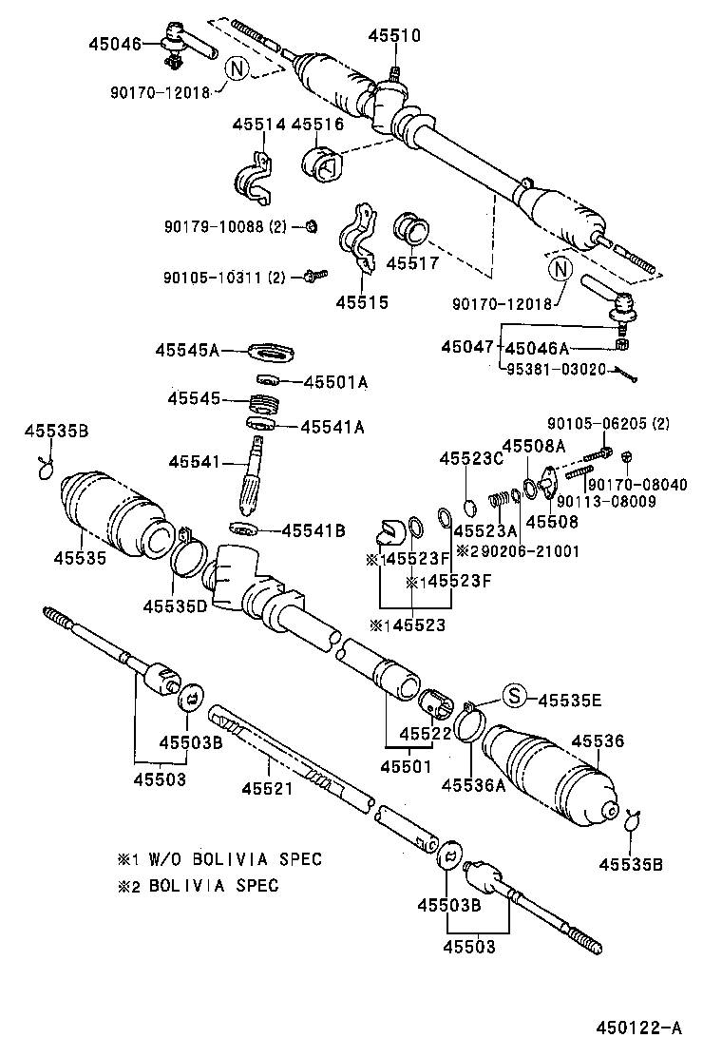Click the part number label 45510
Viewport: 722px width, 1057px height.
point(391,36)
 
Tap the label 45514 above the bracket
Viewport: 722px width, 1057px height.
point(256,125)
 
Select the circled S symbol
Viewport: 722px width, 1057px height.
point(514,697)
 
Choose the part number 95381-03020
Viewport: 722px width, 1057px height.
point(555,369)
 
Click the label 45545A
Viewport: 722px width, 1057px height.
point(187,350)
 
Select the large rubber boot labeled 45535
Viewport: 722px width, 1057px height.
point(114,514)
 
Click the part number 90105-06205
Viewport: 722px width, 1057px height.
point(601,423)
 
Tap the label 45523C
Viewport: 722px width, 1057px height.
point(470,458)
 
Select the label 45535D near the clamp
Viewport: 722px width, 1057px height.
point(175,605)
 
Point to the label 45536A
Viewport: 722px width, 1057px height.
point(473,785)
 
